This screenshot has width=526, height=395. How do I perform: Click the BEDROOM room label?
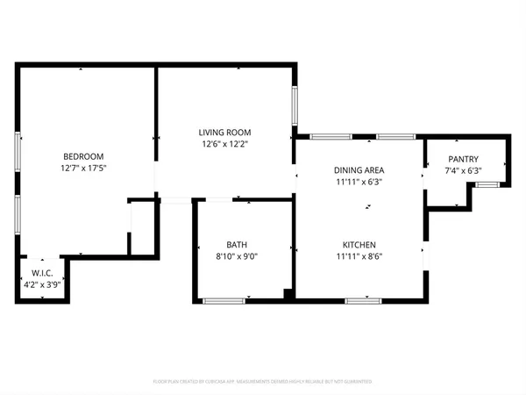84,153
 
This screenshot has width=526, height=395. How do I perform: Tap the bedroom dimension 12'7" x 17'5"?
84,167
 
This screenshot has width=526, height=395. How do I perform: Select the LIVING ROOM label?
226,132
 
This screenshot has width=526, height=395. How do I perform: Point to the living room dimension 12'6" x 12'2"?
226,145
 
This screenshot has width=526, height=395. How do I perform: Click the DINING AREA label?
359,169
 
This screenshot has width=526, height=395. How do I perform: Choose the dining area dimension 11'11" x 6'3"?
359,183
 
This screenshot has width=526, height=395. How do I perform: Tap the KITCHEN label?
359,244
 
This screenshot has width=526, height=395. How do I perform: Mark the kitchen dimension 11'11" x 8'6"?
359,257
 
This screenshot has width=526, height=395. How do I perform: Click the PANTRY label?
465,159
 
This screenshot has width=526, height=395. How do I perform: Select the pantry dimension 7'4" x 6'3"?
465,172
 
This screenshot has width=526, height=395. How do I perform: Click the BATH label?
237,244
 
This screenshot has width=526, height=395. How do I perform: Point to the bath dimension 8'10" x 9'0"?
237,257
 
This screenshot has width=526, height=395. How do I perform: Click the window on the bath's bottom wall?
223,301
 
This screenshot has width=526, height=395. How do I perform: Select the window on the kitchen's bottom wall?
363,301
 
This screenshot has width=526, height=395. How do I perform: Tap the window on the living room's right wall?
295,106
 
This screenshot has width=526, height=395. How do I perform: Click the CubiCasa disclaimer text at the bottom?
263,382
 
